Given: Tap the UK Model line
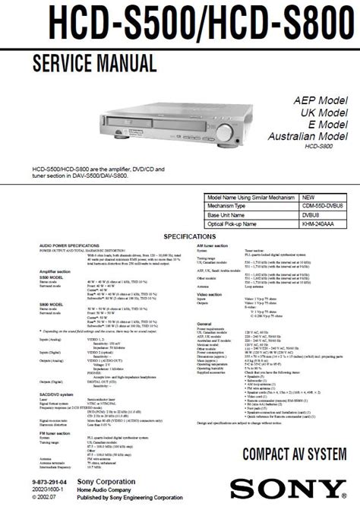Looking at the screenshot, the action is pos(321,112).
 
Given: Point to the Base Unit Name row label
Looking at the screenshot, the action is pos(233,215).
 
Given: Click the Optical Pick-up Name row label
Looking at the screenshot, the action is pos(241,224).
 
